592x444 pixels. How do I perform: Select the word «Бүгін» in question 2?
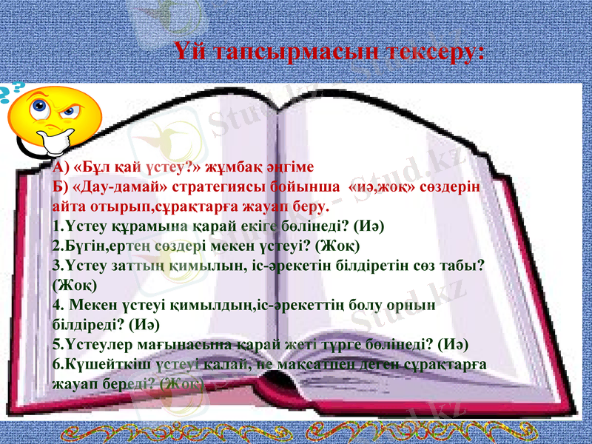pos(81,245)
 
